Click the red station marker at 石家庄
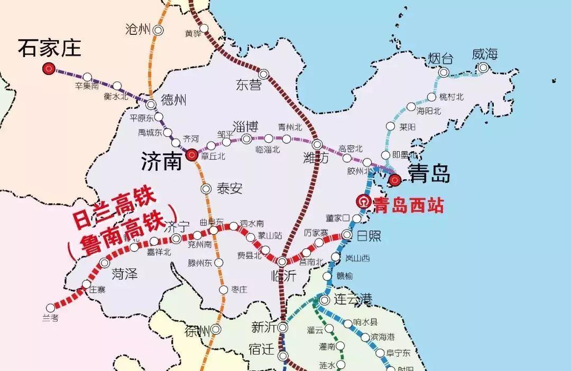49,68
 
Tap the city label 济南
161,162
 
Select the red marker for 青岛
394,181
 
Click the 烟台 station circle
444,72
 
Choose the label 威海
485,54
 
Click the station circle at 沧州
158,30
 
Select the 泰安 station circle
206,189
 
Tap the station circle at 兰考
51,308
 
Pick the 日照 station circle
347,234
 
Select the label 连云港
353,300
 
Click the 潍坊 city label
316,157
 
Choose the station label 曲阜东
211,222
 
